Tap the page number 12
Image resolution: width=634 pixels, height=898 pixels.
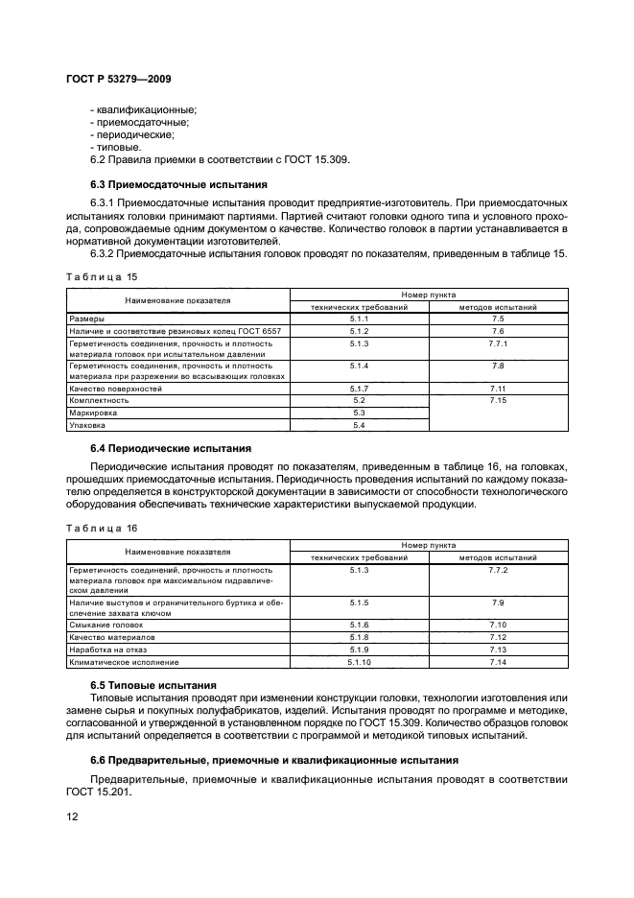73,815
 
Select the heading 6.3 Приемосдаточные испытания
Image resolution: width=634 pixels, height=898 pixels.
177,183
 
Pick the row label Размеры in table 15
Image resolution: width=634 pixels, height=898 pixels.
87,318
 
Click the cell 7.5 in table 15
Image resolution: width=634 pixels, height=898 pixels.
498,318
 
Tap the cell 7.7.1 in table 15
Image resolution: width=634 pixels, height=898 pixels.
498,343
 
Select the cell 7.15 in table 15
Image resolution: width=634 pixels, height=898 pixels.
498,399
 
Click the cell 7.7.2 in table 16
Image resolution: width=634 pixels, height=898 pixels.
498,570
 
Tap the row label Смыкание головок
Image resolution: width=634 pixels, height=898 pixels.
106,626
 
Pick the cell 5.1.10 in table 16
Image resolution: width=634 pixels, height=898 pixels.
360,663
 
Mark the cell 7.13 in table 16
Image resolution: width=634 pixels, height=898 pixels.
498,650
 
